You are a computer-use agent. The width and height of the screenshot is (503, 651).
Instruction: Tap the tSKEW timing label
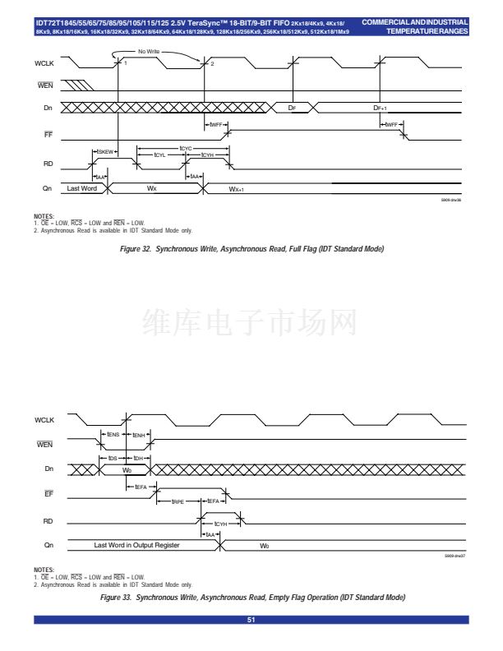click(x=107, y=151)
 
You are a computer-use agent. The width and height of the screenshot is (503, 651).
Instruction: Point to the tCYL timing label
click(x=160, y=154)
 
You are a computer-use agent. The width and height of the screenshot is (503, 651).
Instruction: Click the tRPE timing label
click(x=178, y=501)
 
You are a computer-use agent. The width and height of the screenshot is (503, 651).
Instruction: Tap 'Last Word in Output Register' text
click(x=136, y=545)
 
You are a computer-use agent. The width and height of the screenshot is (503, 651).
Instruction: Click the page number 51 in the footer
click(x=251, y=620)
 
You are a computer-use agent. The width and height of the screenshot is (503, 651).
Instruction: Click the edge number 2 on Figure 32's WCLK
click(x=212, y=63)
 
